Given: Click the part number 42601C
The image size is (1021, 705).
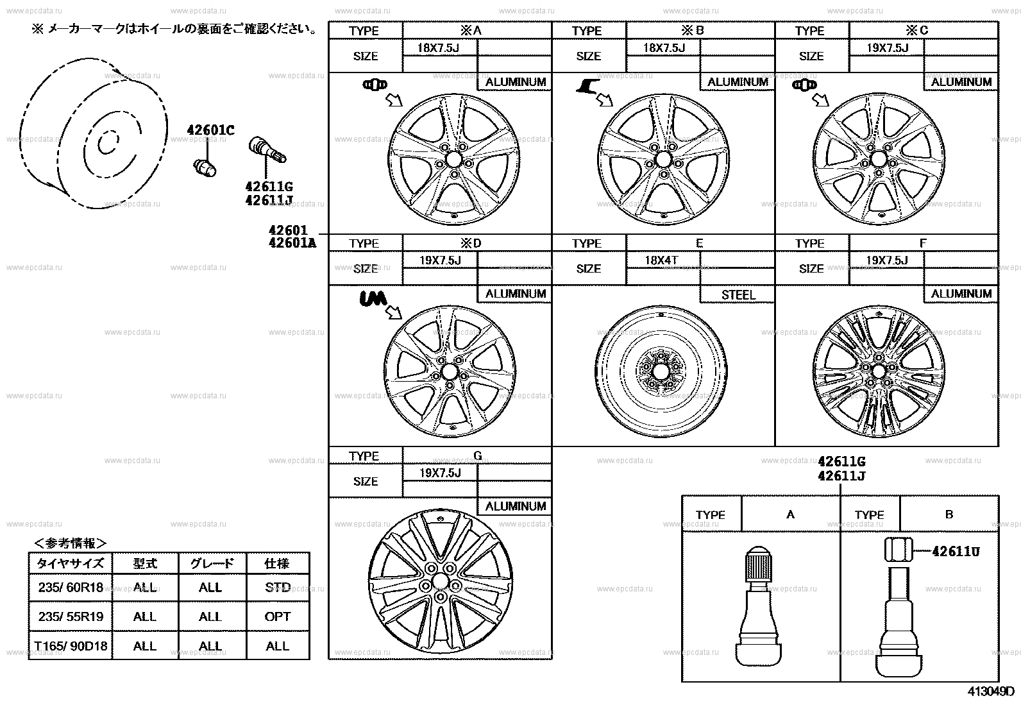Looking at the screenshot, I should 210,131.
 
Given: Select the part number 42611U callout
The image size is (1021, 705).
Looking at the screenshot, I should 956,552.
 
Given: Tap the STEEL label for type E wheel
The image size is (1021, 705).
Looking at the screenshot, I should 738,294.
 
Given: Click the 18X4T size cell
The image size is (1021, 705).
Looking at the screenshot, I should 662,260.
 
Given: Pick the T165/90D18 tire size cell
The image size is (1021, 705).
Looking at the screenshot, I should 71,646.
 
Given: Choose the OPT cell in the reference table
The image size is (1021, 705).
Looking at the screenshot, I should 278,616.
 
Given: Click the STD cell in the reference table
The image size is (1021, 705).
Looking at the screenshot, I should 278,587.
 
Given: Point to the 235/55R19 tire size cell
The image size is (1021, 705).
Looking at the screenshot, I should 71,616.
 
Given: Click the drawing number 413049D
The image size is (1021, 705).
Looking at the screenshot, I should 991,692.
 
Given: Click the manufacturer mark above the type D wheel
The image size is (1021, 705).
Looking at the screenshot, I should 371,299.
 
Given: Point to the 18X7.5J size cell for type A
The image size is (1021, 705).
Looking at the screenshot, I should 439,48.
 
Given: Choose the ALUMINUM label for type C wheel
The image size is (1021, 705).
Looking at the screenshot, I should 961,82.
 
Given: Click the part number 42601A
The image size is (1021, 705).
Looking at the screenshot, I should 292,242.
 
